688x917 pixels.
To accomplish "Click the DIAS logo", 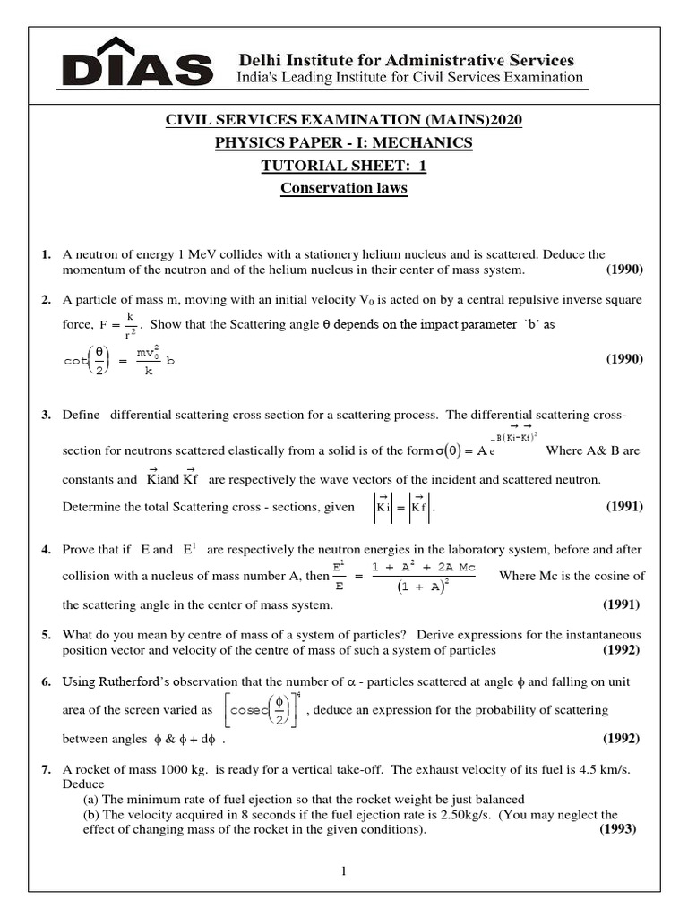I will coord(137,64).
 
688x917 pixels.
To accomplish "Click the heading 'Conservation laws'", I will coord(344,189).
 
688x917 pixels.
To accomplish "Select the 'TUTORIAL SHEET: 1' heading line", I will coord(344,166).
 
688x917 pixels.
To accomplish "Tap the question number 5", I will coord(46,635).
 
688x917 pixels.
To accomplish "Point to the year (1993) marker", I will coord(617,829).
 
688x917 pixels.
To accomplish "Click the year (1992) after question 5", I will coord(620,650).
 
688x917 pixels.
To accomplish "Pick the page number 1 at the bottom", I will coord(343,871).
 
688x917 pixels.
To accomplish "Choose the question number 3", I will coord(46,416).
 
